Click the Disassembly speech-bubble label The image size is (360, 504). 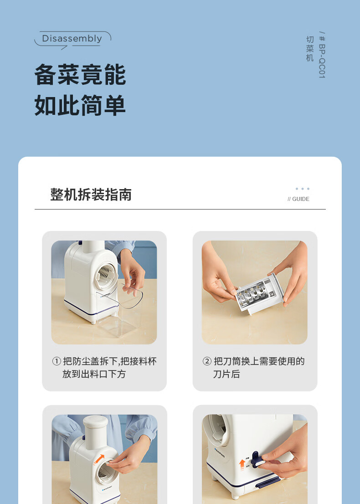[x=72, y=39]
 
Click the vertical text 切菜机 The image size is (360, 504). [x=310, y=49]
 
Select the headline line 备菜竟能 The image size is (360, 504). [x=80, y=75]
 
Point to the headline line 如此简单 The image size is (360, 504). [x=80, y=105]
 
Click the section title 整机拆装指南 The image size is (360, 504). [x=91, y=195]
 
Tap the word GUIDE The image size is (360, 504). [x=301, y=199]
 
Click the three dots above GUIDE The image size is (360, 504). [x=303, y=189]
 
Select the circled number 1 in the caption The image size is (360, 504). [x=57, y=361]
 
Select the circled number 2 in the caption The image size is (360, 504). [x=207, y=361]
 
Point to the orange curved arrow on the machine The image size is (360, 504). [x=99, y=459]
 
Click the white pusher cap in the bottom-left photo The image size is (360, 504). [x=95, y=422]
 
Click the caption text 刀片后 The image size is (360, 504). [x=226, y=374]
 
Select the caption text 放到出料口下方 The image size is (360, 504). [x=94, y=374]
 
